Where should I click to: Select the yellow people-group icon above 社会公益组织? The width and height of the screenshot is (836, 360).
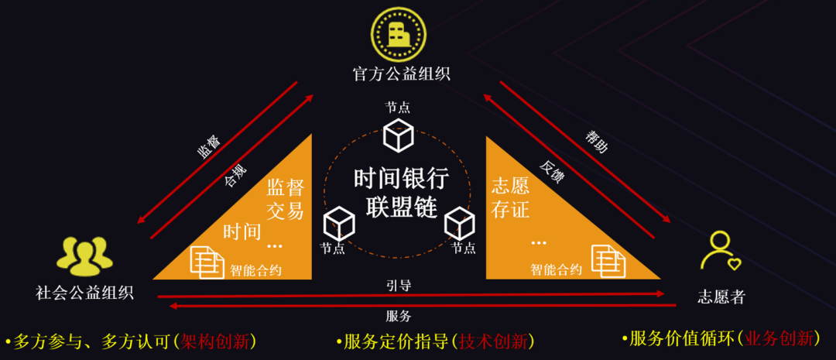click(84, 256)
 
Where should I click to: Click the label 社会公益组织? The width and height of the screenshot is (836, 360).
click(84, 293)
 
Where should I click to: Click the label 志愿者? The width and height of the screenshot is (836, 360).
click(721, 297)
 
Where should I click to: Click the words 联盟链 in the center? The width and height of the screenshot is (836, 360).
click(401, 207)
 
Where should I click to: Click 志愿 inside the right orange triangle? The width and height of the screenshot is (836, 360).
click(510, 186)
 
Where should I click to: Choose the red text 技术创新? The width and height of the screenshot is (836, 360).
click(496, 341)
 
